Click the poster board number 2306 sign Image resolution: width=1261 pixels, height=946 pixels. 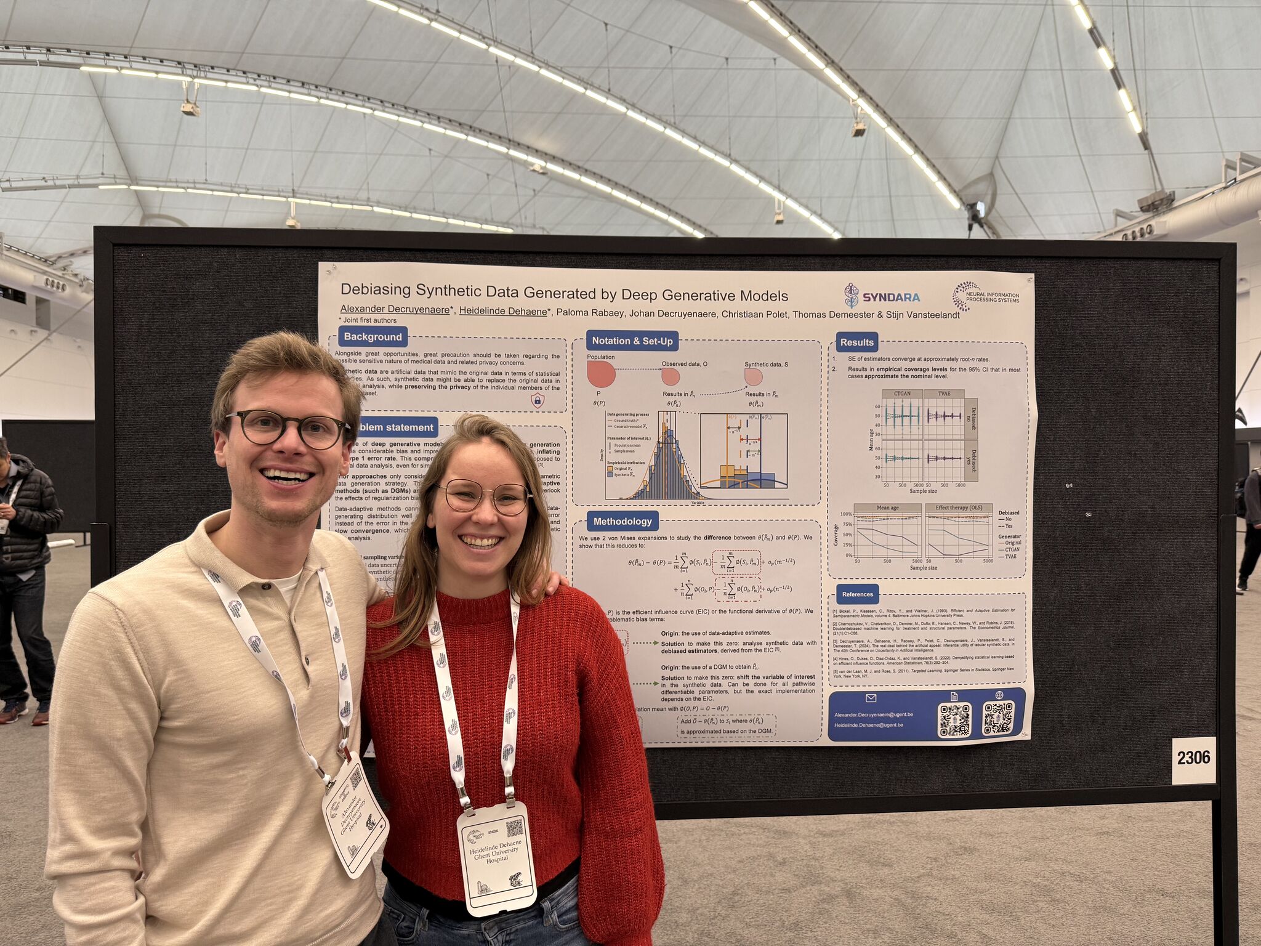click(x=1193, y=758)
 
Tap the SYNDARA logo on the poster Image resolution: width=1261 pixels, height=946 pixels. click(x=882, y=296)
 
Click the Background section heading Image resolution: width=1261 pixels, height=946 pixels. click(x=373, y=337)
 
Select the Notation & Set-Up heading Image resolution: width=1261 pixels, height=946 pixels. click(x=632, y=341)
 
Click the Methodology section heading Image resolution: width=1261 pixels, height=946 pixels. click(x=622, y=521)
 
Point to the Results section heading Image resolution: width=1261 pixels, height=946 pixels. click(x=856, y=342)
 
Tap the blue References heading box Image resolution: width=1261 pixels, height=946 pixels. click(x=857, y=594)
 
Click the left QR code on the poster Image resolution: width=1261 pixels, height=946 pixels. click(x=954, y=719)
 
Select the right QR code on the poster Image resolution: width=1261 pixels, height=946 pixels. click(x=997, y=718)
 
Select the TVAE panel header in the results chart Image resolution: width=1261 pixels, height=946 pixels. click(x=943, y=394)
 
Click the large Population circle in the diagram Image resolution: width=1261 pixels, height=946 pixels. click(x=601, y=374)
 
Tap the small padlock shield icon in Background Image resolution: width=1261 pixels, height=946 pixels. click(x=537, y=401)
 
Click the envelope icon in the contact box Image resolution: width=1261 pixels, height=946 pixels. click(x=871, y=698)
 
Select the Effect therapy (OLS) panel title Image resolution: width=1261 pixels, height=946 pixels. click(x=958, y=508)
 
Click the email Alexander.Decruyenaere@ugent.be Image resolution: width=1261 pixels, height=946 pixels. click(x=873, y=714)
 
